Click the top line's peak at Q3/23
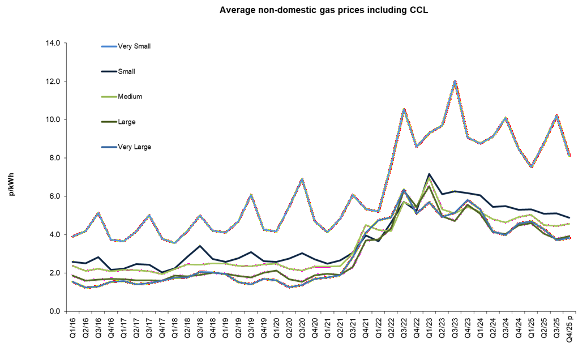(x=455, y=81)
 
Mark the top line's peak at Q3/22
(x=404, y=109)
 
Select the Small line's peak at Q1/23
(x=430, y=174)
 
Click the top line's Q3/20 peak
(x=302, y=179)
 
